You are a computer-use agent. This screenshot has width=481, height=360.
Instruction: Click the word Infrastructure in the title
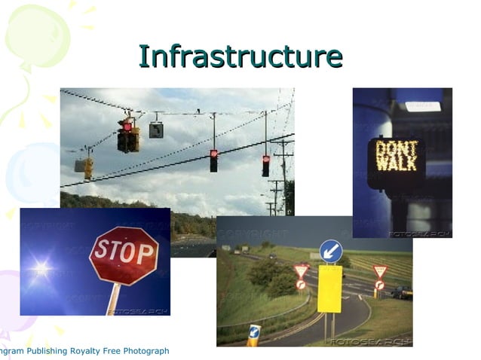[x=240, y=57]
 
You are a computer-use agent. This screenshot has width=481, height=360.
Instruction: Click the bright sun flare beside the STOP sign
[x=41, y=267]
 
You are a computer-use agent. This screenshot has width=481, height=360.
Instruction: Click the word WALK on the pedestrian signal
[x=397, y=163]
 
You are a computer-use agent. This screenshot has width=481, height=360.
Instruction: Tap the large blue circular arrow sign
[x=330, y=251]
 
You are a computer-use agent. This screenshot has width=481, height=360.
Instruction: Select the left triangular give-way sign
[x=302, y=270]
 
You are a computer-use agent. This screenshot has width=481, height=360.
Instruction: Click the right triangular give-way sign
[x=380, y=270]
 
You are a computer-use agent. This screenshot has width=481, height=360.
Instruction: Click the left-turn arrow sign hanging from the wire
[x=156, y=130]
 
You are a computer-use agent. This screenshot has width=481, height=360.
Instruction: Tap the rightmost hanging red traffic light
[x=265, y=165]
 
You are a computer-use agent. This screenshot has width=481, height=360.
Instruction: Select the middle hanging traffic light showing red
[x=213, y=160]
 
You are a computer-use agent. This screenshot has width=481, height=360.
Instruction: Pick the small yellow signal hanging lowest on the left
[x=88, y=167]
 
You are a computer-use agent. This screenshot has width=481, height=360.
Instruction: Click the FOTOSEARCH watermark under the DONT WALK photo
[x=419, y=234]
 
